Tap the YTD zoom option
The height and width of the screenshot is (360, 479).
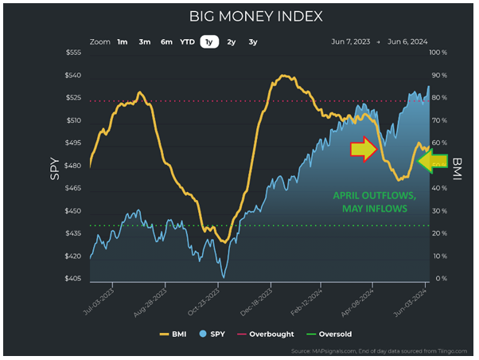click(187, 41)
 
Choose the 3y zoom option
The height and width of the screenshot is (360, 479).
click(253, 41)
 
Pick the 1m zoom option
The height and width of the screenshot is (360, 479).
click(122, 41)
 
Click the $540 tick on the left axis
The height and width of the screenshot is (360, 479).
click(72, 75)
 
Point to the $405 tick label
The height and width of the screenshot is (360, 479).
click(72, 279)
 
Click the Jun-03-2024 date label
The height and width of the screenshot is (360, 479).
click(414, 301)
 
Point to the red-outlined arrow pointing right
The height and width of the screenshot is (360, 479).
click(364, 149)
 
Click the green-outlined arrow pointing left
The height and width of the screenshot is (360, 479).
click(432, 162)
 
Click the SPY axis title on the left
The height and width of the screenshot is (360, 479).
click(55, 166)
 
